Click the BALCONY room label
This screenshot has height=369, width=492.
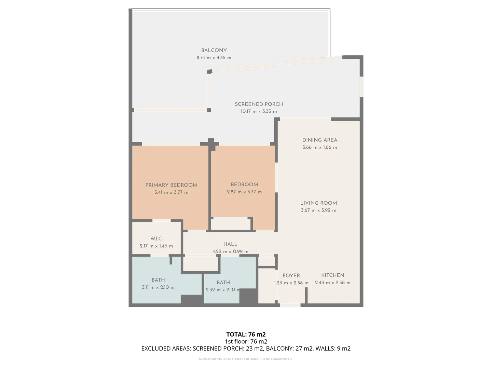tap(214, 50)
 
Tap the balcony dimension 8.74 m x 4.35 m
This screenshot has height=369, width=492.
tap(214, 58)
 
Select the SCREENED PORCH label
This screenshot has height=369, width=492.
tap(259, 104)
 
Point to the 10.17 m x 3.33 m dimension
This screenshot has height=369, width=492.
tap(259, 111)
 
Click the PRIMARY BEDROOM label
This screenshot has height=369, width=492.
tap(171, 185)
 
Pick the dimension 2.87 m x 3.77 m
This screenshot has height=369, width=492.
tap(244, 192)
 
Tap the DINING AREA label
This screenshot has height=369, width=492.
tap(319, 140)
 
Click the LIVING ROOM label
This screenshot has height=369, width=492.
tap(318, 203)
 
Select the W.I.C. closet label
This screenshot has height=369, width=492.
tap(156, 238)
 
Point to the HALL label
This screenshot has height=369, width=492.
tap(230, 244)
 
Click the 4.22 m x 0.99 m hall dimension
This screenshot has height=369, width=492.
tap(230, 251)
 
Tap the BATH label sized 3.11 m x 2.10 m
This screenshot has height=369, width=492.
tap(158, 280)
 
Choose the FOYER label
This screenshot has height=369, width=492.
tap(291, 275)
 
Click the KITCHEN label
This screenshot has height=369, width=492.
tap(332, 275)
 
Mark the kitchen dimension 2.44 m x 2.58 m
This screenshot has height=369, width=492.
tap(332, 283)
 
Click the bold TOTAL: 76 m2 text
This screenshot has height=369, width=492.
tap(246, 334)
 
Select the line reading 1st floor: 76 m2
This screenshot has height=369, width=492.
tap(246, 341)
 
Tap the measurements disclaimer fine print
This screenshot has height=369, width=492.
tap(246, 359)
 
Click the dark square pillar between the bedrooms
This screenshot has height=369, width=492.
tap(211, 143)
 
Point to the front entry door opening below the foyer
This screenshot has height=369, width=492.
tap(290, 305)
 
